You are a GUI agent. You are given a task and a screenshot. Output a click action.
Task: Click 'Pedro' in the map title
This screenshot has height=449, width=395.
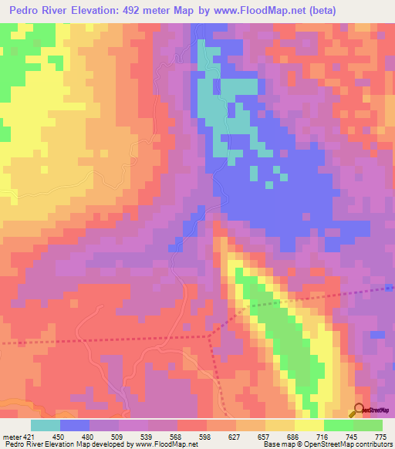click(x=29, y=11)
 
